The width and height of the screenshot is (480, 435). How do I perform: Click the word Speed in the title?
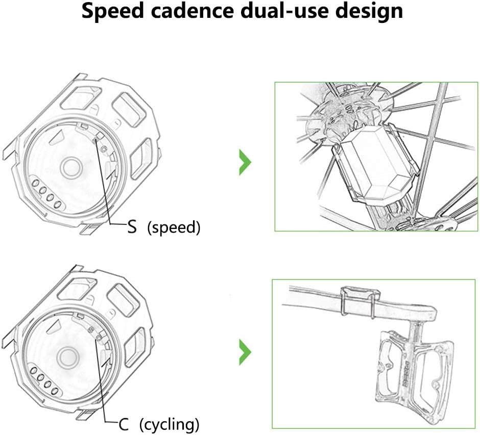(x=112, y=11)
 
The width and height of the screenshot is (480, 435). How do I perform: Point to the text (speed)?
(x=174, y=228)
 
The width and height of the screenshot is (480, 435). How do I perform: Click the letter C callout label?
(x=124, y=424)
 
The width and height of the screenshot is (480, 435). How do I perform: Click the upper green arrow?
(x=245, y=162)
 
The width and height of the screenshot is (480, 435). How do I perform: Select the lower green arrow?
(x=245, y=352)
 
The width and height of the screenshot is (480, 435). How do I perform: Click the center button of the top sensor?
(x=71, y=167)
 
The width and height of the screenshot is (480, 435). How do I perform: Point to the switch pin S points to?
(x=95, y=140)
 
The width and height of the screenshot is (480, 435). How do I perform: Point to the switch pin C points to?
(x=98, y=337)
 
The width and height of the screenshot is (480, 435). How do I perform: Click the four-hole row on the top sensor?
(x=47, y=194)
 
